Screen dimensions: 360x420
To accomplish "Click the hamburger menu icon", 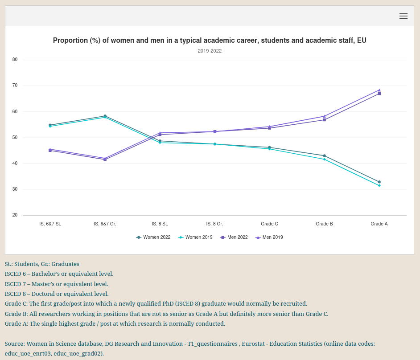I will pos(404,16).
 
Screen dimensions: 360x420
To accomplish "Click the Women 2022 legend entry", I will pos(153,237).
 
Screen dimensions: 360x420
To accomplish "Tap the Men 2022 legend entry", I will pos(234,237).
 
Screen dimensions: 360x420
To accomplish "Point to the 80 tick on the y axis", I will pos(15,60).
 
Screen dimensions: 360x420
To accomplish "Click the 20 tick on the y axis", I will pos(15,215).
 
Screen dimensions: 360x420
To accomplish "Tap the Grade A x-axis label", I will pos(379,224).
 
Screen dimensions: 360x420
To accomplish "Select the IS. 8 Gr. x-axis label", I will pos(214,224).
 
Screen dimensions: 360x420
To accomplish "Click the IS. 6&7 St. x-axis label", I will pos(50,224).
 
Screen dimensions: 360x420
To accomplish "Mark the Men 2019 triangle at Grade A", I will pos(379,90).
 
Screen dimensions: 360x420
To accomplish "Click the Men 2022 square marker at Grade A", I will pos(379,94).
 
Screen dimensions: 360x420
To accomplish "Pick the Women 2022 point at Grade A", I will pos(379,182).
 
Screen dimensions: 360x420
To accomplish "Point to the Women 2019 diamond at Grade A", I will pos(379,185).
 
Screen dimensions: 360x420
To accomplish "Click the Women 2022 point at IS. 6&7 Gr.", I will pos(105,116).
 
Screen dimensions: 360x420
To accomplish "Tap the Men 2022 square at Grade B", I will pos(324,120).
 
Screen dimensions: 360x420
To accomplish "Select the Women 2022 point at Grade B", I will pos(324,155).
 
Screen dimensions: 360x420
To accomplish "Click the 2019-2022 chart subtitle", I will pos(210,51).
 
